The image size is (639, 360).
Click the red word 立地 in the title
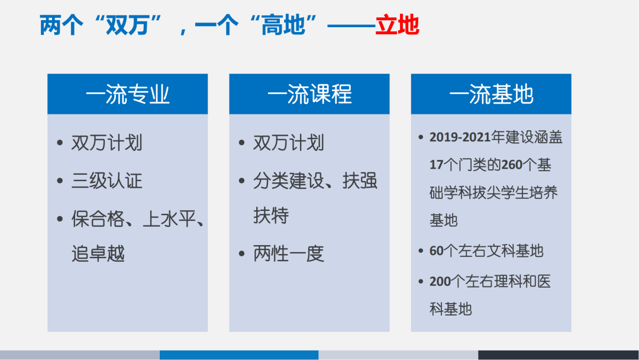pyautogui.click(x=397, y=25)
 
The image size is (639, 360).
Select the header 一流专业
pyautogui.click(x=127, y=95)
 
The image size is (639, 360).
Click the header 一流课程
pyautogui.click(x=309, y=95)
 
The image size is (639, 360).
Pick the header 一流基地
pyautogui.click(x=490, y=95)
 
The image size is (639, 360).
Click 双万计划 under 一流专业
pyautogui.click(x=106, y=143)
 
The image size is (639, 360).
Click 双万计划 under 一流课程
pyautogui.click(x=288, y=143)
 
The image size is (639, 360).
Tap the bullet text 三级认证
pyautogui.click(x=106, y=181)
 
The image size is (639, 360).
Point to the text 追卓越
pyautogui.click(x=98, y=253)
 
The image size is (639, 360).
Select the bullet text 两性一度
pyautogui.click(x=288, y=253)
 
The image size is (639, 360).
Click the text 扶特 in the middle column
pyautogui.click(x=271, y=216)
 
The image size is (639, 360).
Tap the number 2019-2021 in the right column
pyautogui.click(x=460, y=137)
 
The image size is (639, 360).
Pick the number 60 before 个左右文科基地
pyautogui.click(x=436, y=251)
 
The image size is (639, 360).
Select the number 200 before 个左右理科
pyautogui.click(x=440, y=281)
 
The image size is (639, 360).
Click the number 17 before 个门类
pyautogui.click(x=436, y=165)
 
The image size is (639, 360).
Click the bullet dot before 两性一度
pyautogui.click(x=241, y=254)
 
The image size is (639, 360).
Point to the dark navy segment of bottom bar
pyautogui.click(x=558, y=355)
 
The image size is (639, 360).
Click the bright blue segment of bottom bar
pyautogui.click(x=239, y=355)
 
